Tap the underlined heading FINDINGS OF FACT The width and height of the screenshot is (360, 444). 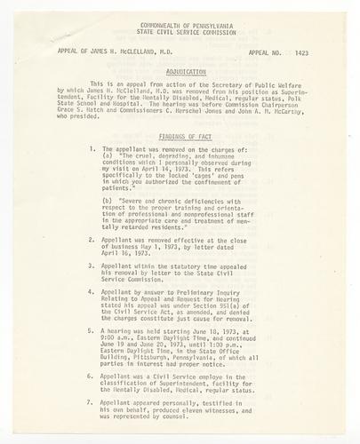pos(183,137)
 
